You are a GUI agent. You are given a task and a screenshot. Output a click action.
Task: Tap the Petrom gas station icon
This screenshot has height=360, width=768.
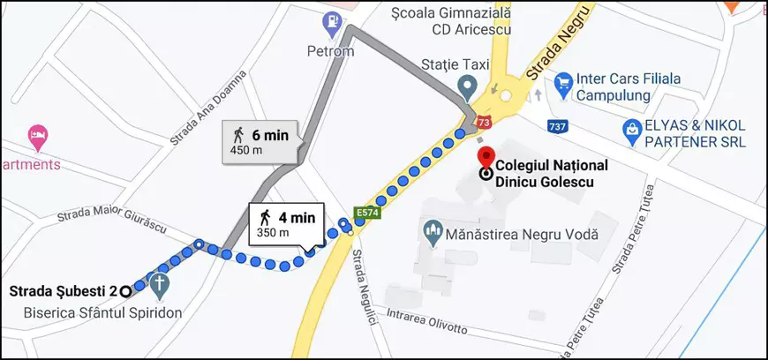pyautogui.click(x=333, y=23)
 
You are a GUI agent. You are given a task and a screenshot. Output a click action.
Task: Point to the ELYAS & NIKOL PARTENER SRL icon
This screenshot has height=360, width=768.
pyautogui.click(x=632, y=131)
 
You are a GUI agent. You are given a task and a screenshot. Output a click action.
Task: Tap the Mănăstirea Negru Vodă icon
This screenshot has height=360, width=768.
pyautogui.click(x=433, y=234)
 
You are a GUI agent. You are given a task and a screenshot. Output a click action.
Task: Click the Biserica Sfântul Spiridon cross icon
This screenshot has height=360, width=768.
pyautogui.click(x=160, y=285)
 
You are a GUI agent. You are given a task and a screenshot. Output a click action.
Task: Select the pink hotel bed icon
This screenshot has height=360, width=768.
pyautogui.click(x=38, y=137)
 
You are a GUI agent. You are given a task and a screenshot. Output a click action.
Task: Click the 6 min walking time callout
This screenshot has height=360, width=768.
pyautogui.click(x=260, y=141)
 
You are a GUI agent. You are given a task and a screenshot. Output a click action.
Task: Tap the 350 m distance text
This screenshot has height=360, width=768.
pyautogui.click(x=273, y=233)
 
